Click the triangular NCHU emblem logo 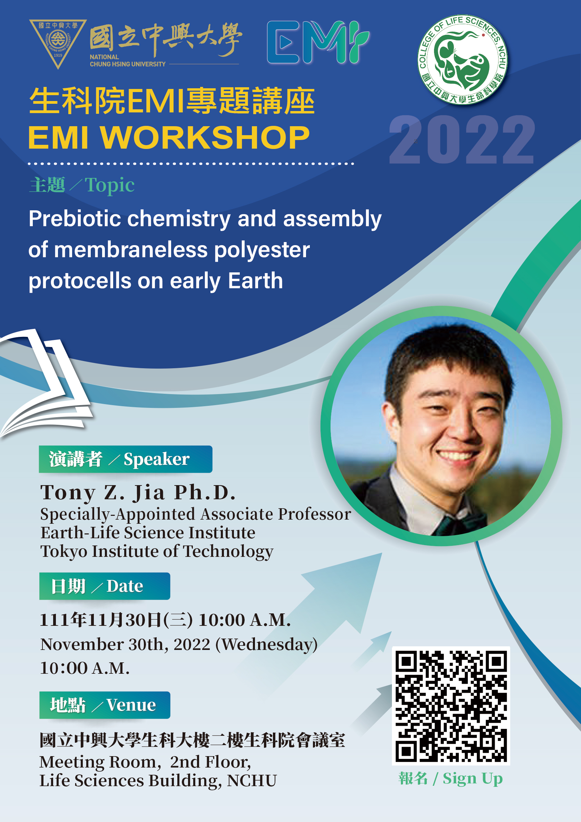click(x=58, y=43)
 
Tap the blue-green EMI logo click(x=318, y=42)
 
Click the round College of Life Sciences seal click(x=462, y=60)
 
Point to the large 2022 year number click(x=462, y=140)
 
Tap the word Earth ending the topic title click(x=255, y=280)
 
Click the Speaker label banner click(x=125, y=459)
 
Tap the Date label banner click(x=105, y=586)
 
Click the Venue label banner click(x=105, y=705)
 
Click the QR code click(x=451, y=706)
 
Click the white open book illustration click(x=45, y=383)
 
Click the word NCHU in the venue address click(x=252, y=781)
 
